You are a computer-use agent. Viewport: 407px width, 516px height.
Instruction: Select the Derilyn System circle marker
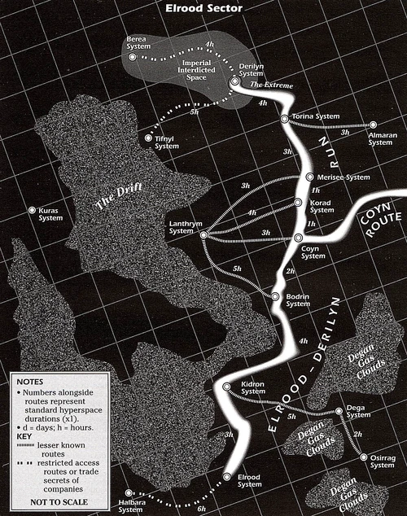(x=234, y=81)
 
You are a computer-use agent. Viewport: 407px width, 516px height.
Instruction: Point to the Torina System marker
(x=284, y=119)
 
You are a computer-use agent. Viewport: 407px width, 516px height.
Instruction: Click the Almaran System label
(x=380, y=138)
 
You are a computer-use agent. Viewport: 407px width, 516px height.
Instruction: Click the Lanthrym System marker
(x=203, y=235)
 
